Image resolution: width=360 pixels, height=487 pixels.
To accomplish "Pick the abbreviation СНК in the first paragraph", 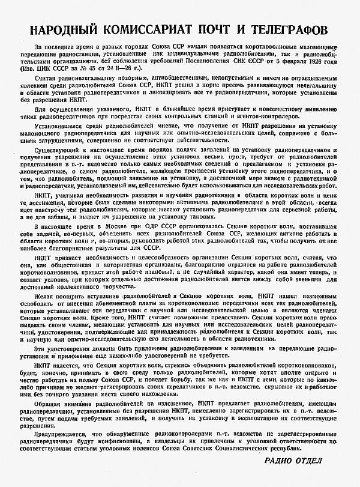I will [x=240, y=60].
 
